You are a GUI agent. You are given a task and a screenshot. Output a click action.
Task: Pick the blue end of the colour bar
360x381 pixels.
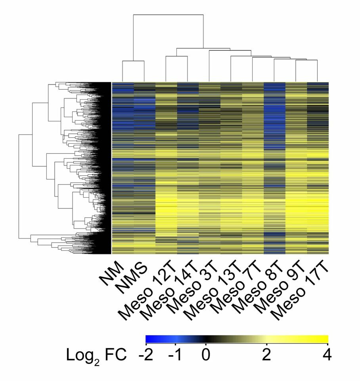151,339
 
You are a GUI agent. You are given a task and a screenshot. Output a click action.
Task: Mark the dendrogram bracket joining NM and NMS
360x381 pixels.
133,61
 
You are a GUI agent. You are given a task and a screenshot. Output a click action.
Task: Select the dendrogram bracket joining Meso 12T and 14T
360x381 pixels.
176,56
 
